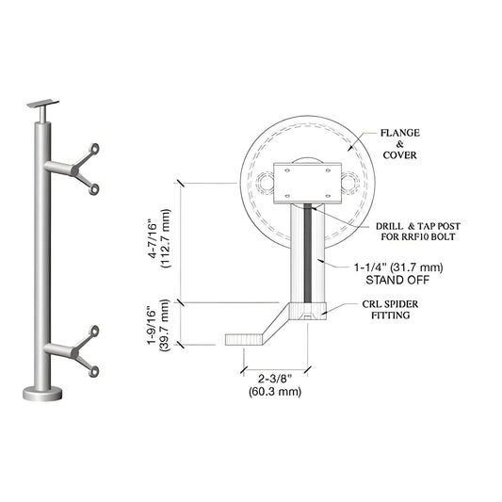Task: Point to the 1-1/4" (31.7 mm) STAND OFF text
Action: [x=399, y=272]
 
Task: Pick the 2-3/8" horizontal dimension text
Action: [x=274, y=380]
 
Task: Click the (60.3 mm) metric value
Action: [x=274, y=391]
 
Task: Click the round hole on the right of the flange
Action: [x=352, y=182]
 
